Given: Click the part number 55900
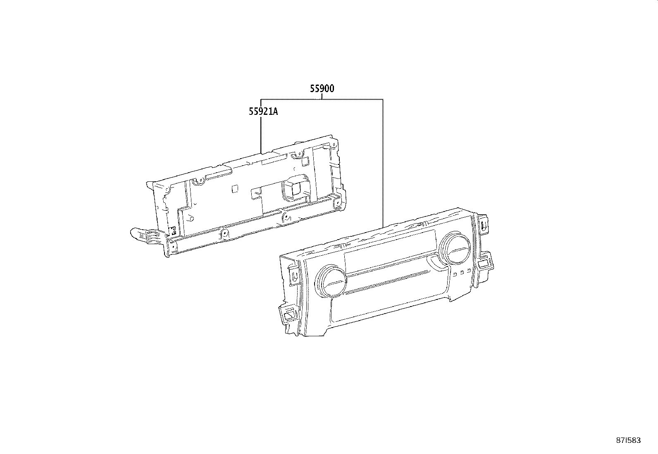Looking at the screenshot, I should tap(322, 88).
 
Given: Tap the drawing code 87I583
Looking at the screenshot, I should tap(628, 440).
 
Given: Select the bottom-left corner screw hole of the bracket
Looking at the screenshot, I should tap(172, 245).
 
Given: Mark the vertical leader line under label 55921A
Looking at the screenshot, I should tap(261, 132).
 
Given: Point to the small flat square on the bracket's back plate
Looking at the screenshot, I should tap(234, 188).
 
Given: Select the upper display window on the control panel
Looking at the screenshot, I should tap(389, 252).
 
